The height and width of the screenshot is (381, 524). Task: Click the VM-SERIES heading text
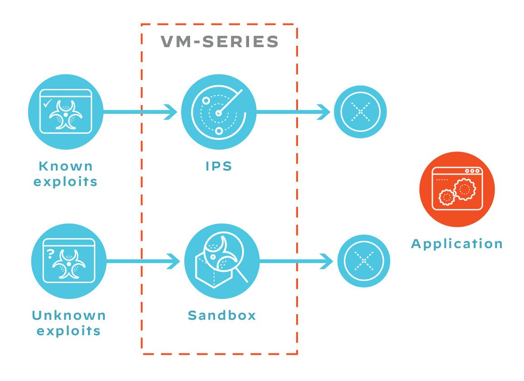(x=220, y=42)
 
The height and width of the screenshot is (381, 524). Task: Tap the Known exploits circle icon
(x=66, y=112)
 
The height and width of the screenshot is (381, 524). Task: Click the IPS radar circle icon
(x=219, y=112)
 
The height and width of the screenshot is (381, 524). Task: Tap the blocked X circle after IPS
(x=360, y=112)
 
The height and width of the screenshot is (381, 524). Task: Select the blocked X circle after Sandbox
(x=364, y=261)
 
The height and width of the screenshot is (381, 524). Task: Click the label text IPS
(x=218, y=166)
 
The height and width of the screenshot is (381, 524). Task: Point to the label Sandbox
(x=222, y=315)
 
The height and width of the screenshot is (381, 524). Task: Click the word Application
(x=456, y=244)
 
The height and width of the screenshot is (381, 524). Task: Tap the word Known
(x=66, y=166)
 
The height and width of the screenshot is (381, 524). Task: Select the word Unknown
(x=69, y=315)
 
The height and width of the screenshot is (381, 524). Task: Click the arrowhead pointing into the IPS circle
(x=171, y=112)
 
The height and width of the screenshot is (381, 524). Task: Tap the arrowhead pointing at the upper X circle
(x=325, y=112)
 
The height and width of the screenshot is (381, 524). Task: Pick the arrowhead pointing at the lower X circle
(x=328, y=261)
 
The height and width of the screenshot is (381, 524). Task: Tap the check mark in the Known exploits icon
(x=47, y=104)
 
